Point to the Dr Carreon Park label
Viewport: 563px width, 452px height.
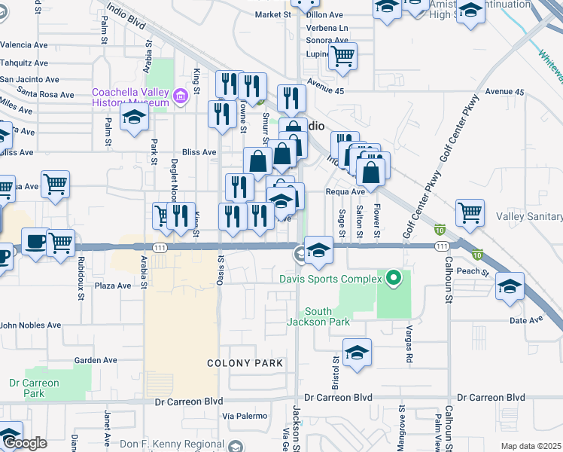[x=34, y=387]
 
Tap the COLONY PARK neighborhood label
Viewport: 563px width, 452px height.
[x=245, y=363]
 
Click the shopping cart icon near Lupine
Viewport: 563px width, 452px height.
[x=342, y=55]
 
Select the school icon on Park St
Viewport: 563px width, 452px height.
[x=135, y=118]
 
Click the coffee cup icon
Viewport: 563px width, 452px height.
[x=35, y=242]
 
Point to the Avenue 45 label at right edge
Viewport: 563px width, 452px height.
[x=504, y=92]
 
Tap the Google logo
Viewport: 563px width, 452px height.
[x=24, y=444]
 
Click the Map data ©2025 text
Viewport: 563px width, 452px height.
[x=531, y=446]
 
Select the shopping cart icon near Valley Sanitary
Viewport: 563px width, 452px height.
[x=470, y=212]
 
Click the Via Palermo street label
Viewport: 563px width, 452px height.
[x=245, y=416]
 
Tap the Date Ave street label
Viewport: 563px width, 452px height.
[x=526, y=319]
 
